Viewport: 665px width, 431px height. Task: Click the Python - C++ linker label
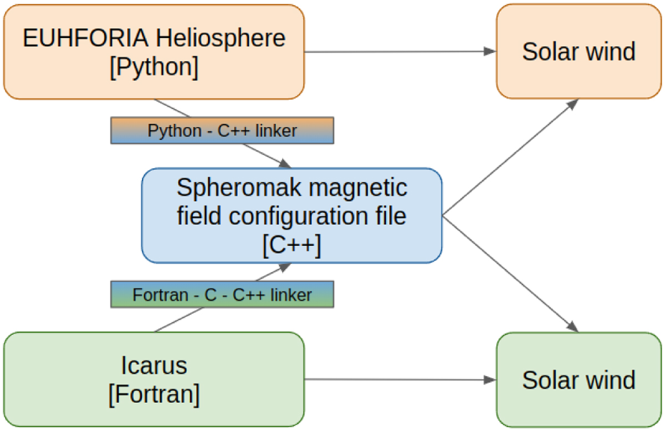click(x=222, y=131)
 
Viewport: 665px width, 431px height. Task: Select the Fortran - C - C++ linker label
click(x=222, y=295)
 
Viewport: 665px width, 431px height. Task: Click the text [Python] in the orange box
click(x=154, y=66)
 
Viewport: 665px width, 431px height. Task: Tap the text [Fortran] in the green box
click(x=154, y=394)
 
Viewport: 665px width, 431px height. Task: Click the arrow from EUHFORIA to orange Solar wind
click(x=399, y=52)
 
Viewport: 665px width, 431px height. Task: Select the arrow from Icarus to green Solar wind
click(x=399, y=380)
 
